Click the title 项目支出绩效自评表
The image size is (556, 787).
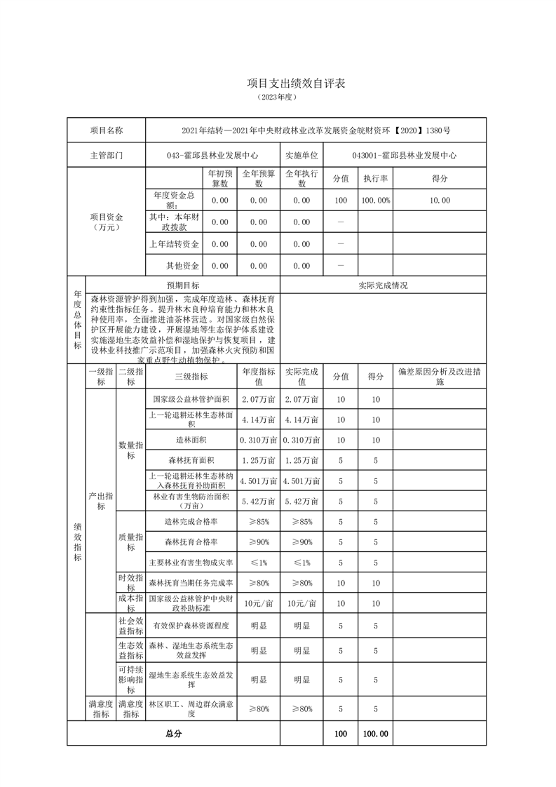(x=278, y=83)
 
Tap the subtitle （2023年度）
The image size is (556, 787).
(x=278, y=97)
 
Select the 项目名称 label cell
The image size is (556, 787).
(x=106, y=130)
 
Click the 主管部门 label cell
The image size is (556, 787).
(x=106, y=156)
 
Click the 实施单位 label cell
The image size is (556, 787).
(x=301, y=156)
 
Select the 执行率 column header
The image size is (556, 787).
(x=376, y=179)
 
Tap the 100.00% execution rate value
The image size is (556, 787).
(x=376, y=201)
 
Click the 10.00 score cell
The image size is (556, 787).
(x=440, y=201)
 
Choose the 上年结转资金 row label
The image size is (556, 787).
(x=174, y=244)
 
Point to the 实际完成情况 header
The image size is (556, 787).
(x=382, y=285)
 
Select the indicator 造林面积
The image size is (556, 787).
(x=191, y=440)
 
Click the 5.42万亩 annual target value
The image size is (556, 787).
(x=258, y=502)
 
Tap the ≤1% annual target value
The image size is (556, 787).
(x=258, y=563)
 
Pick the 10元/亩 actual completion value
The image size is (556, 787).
(x=301, y=603)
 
